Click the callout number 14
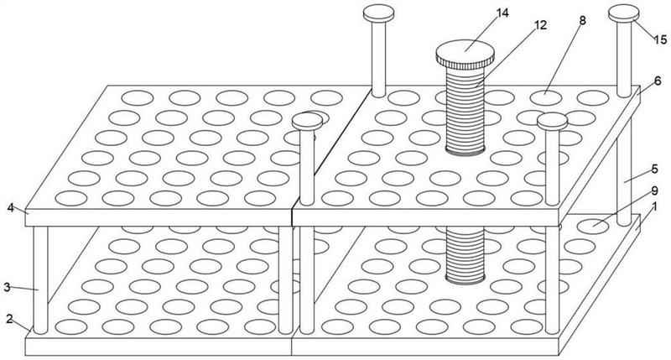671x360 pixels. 502,13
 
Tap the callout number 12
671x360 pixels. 540,25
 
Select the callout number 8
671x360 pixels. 582,20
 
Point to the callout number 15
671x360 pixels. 660,39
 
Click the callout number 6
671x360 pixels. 658,81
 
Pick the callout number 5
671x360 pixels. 655,169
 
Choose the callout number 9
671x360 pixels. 654,190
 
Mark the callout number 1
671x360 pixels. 654,206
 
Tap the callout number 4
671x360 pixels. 11,208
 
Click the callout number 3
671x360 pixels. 7,287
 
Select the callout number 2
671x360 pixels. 9,319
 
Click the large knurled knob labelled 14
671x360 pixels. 466,55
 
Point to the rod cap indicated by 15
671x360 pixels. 624,13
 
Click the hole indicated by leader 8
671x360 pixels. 546,98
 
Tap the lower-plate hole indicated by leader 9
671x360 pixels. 593,226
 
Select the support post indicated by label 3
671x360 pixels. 40,280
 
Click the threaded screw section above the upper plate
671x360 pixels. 466,111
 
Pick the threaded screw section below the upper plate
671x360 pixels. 466,255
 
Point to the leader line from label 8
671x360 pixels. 564,59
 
